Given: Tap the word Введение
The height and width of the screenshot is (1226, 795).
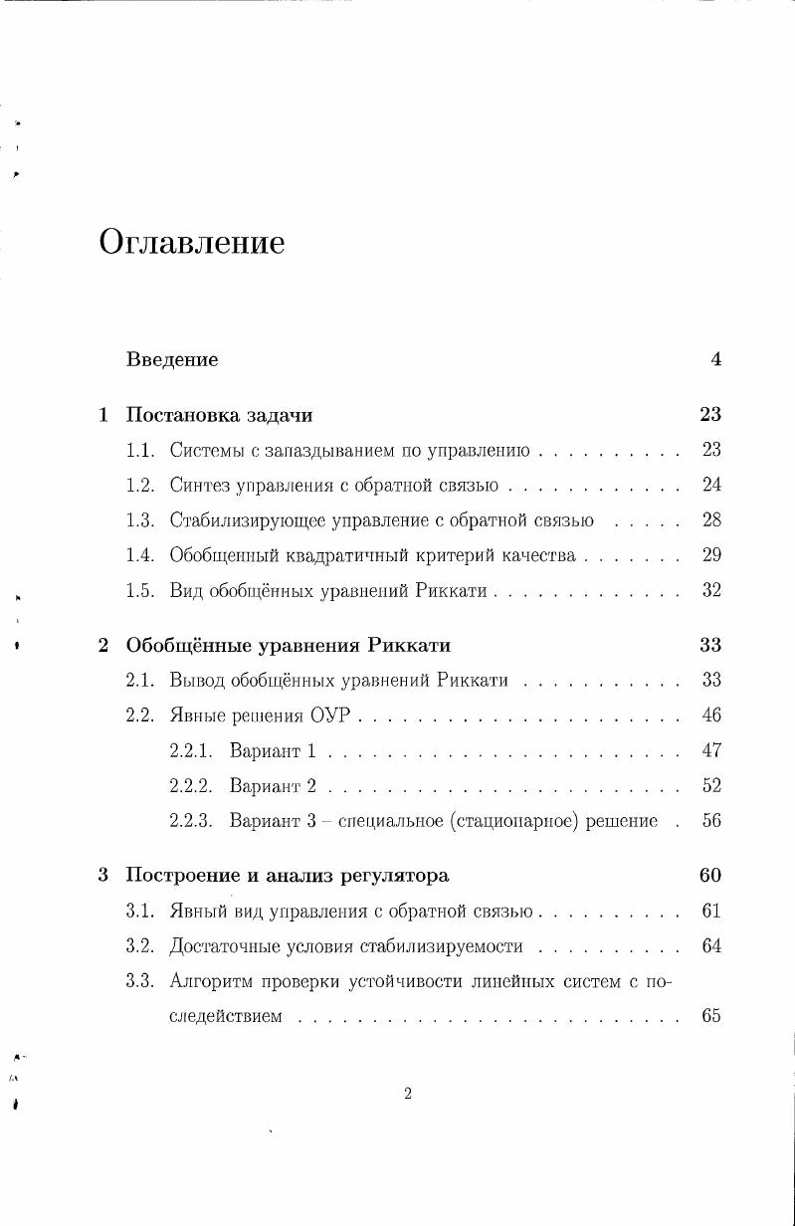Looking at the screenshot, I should (172, 360).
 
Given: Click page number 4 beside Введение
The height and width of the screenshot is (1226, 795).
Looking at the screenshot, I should (715, 360).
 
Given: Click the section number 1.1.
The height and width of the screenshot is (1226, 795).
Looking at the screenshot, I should (140, 451).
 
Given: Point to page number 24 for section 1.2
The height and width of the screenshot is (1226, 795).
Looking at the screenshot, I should (710, 486).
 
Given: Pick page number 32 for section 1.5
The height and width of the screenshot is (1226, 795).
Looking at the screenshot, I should (710, 590).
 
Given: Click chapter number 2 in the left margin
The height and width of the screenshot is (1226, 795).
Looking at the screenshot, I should (103, 645).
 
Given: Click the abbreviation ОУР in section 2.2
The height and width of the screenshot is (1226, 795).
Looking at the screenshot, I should (329, 715).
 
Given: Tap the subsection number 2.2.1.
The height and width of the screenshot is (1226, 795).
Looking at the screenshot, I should (192, 750).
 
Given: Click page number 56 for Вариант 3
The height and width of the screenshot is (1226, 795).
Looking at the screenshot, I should (710, 821).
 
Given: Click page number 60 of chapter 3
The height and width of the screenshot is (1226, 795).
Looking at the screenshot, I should (709, 876).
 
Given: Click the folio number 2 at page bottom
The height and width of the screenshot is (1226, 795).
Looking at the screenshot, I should (408, 1095).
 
